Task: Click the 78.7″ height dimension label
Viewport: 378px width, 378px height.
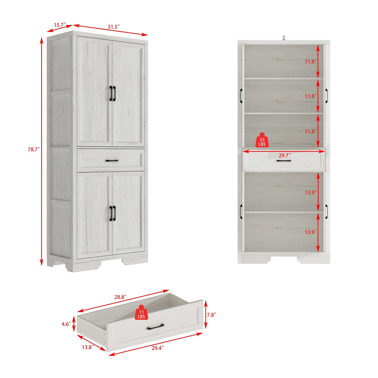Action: click(34, 150)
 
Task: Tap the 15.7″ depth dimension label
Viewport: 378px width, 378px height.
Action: click(59, 25)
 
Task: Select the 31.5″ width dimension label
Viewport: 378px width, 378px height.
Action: click(114, 27)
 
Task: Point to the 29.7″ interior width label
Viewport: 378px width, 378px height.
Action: click(284, 155)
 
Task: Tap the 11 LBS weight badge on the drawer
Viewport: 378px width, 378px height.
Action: click(141, 313)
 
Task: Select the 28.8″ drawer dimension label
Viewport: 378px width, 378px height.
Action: click(120, 297)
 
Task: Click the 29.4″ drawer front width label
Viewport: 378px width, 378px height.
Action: click(157, 348)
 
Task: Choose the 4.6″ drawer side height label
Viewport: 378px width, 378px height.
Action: click(66, 324)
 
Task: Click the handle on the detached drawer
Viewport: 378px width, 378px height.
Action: click(156, 327)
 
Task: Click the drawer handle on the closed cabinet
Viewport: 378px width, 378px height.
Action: click(112, 161)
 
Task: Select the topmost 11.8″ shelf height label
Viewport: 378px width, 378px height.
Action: click(311, 62)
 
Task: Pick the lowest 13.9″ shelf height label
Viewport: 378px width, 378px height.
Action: click(311, 232)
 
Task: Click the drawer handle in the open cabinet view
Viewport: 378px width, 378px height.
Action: click(284, 161)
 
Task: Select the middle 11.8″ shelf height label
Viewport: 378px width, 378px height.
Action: click(311, 96)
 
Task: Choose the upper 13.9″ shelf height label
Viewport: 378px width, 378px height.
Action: click(311, 193)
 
